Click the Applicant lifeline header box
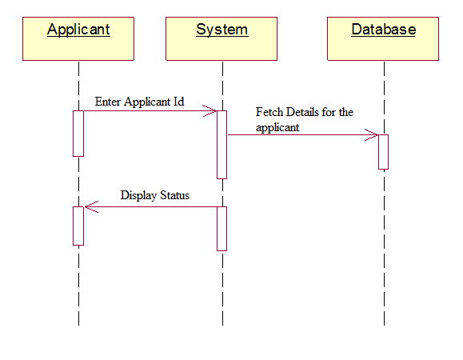pyautogui.click(x=78, y=38)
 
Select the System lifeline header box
pyautogui.click(x=222, y=38)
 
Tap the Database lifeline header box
pyautogui.click(x=383, y=38)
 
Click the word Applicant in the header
pyautogui.click(x=78, y=30)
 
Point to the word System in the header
pyautogui.click(x=222, y=30)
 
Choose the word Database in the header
pyautogui.click(x=384, y=30)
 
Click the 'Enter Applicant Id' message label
pyautogui.click(x=139, y=102)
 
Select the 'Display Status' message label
pyautogui.click(x=154, y=195)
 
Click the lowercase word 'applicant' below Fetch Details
pyautogui.click(x=277, y=127)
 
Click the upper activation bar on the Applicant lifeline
pyautogui.click(x=78, y=134)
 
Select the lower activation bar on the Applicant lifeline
pyautogui.click(x=78, y=226)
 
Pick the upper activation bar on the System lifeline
pyautogui.click(x=222, y=145)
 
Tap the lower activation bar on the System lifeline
pyautogui.click(x=222, y=229)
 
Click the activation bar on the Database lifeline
pyautogui.click(x=383, y=152)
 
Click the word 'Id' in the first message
pyautogui.click(x=178, y=102)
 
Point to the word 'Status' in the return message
pyautogui.click(x=175, y=195)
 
